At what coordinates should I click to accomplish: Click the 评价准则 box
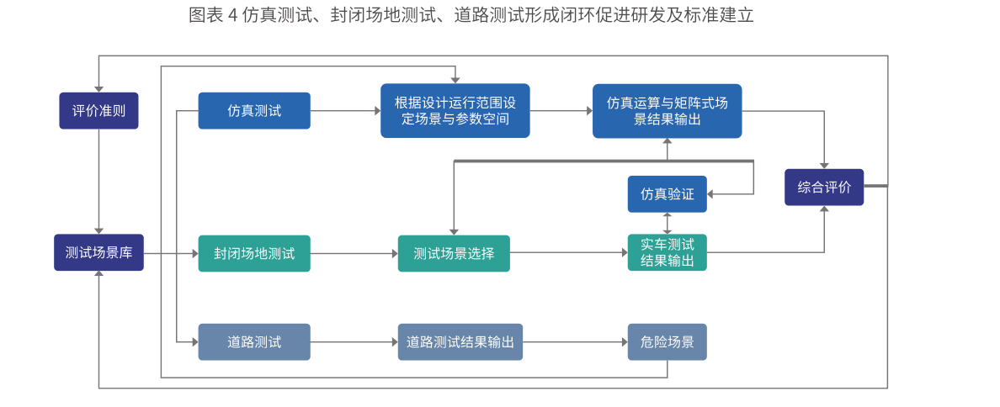point(98,110)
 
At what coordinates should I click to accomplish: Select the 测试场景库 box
point(98,252)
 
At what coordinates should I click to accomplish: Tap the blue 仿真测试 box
point(254,110)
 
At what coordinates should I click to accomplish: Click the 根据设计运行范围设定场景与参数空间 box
point(455,110)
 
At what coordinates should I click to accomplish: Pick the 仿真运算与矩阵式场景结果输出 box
point(667,110)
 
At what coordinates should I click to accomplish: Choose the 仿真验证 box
point(667,194)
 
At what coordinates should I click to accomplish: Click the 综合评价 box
point(823,187)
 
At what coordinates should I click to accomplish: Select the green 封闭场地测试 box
point(254,253)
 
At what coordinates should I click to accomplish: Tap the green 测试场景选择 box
point(454,253)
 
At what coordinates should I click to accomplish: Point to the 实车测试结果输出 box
point(667,252)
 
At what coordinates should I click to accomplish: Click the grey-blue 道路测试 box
point(254,342)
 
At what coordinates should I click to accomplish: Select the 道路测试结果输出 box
point(460,342)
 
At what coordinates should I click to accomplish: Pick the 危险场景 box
point(667,342)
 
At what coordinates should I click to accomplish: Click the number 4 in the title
point(233,16)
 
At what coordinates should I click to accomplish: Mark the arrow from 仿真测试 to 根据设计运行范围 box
point(345,110)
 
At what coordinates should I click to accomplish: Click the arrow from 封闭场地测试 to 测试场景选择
point(354,253)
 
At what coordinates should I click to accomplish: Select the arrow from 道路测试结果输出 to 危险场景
point(575,342)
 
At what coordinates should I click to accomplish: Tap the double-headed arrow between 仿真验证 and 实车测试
point(667,223)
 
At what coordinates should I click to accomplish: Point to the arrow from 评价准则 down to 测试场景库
point(98,181)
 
